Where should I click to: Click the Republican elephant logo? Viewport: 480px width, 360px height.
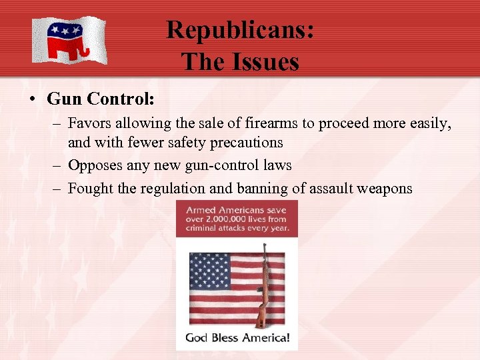[69, 40]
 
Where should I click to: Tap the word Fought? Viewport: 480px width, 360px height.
[91, 188]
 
